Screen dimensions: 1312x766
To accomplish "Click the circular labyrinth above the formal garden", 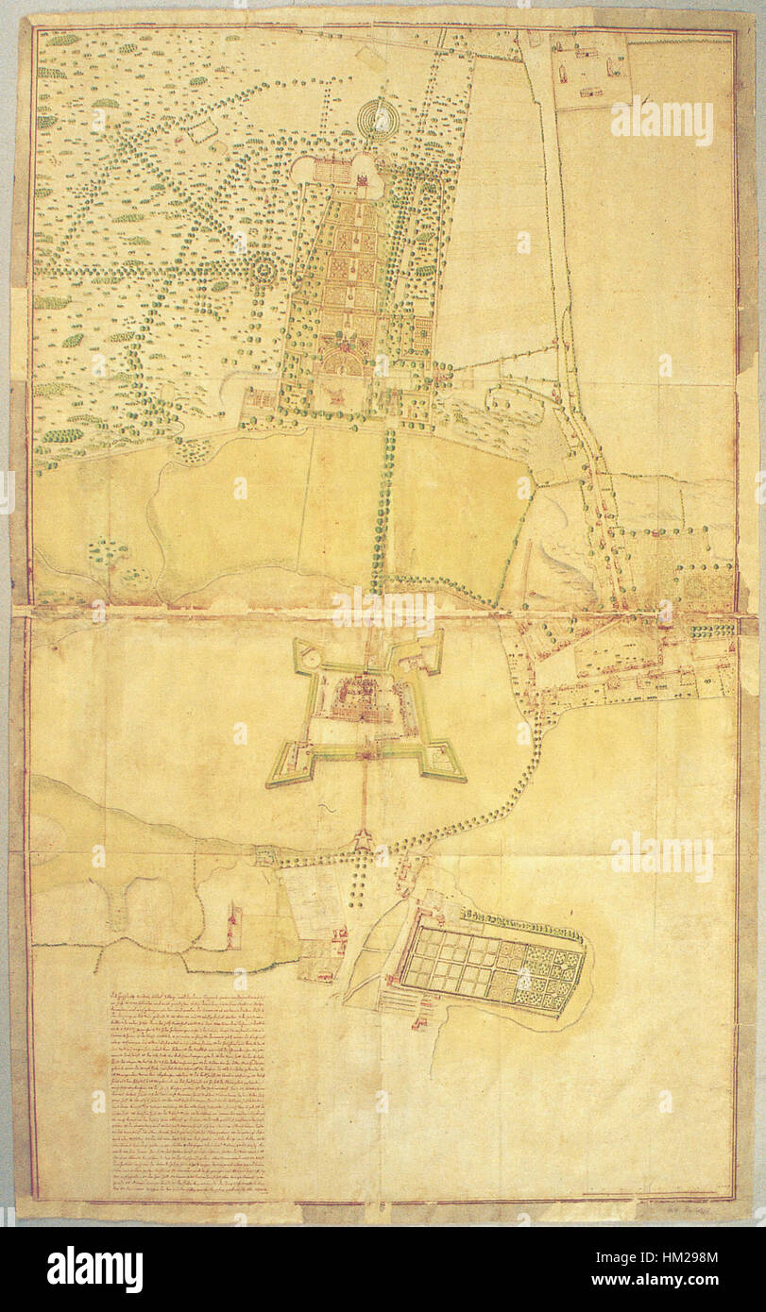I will [x=380, y=119].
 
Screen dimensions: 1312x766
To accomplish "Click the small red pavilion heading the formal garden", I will [x=362, y=172].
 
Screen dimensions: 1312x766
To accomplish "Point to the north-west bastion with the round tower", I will [x=307, y=653].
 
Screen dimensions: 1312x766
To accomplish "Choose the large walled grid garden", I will [x=491, y=963].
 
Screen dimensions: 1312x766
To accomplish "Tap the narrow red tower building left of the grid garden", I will [x=234, y=921].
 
